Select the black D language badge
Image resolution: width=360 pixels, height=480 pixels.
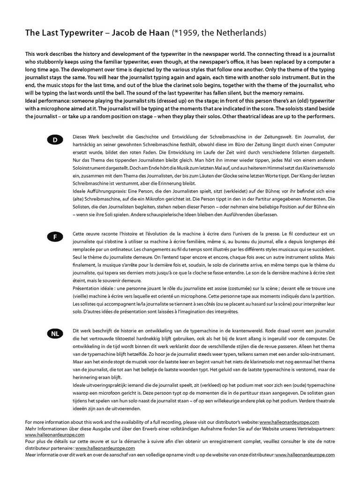click(x=55, y=140)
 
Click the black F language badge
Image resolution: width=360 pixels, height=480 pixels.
click(x=55, y=237)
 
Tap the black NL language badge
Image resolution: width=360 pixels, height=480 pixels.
click(x=55, y=334)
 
